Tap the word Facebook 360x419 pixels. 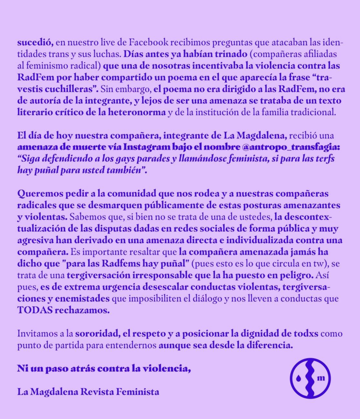click(x=148, y=42)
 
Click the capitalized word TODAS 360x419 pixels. click(x=35, y=310)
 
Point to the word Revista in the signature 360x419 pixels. click(x=97, y=392)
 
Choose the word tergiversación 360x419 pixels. click(x=98, y=275)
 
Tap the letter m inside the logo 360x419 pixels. click(x=321, y=378)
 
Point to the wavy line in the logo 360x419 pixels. click(x=310, y=378)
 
